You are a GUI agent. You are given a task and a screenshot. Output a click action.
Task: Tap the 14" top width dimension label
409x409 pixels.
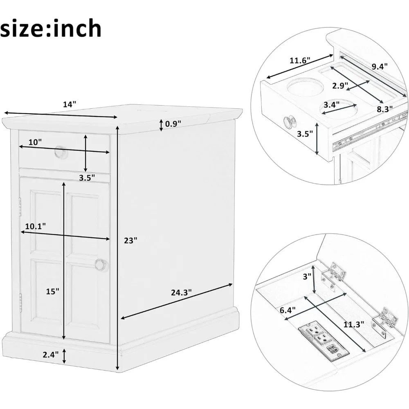click(x=70, y=104)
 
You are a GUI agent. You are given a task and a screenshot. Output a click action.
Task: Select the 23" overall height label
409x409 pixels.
click(x=130, y=241)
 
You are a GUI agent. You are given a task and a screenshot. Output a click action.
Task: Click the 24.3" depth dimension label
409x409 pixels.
click(x=181, y=292)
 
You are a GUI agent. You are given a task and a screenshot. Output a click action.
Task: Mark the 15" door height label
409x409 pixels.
click(x=52, y=291)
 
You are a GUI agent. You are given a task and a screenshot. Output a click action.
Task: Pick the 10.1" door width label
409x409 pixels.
click(x=35, y=225)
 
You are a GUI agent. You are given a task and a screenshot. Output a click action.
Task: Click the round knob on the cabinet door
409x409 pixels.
click(x=100, y=265)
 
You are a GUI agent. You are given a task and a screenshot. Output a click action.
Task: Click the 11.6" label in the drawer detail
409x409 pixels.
click(x=300, y=60)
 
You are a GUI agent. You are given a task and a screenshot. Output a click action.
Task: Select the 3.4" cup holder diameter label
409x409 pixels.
click(x=332, y=104)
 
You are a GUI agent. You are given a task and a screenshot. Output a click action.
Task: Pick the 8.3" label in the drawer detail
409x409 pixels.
click(x=385, y=108)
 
